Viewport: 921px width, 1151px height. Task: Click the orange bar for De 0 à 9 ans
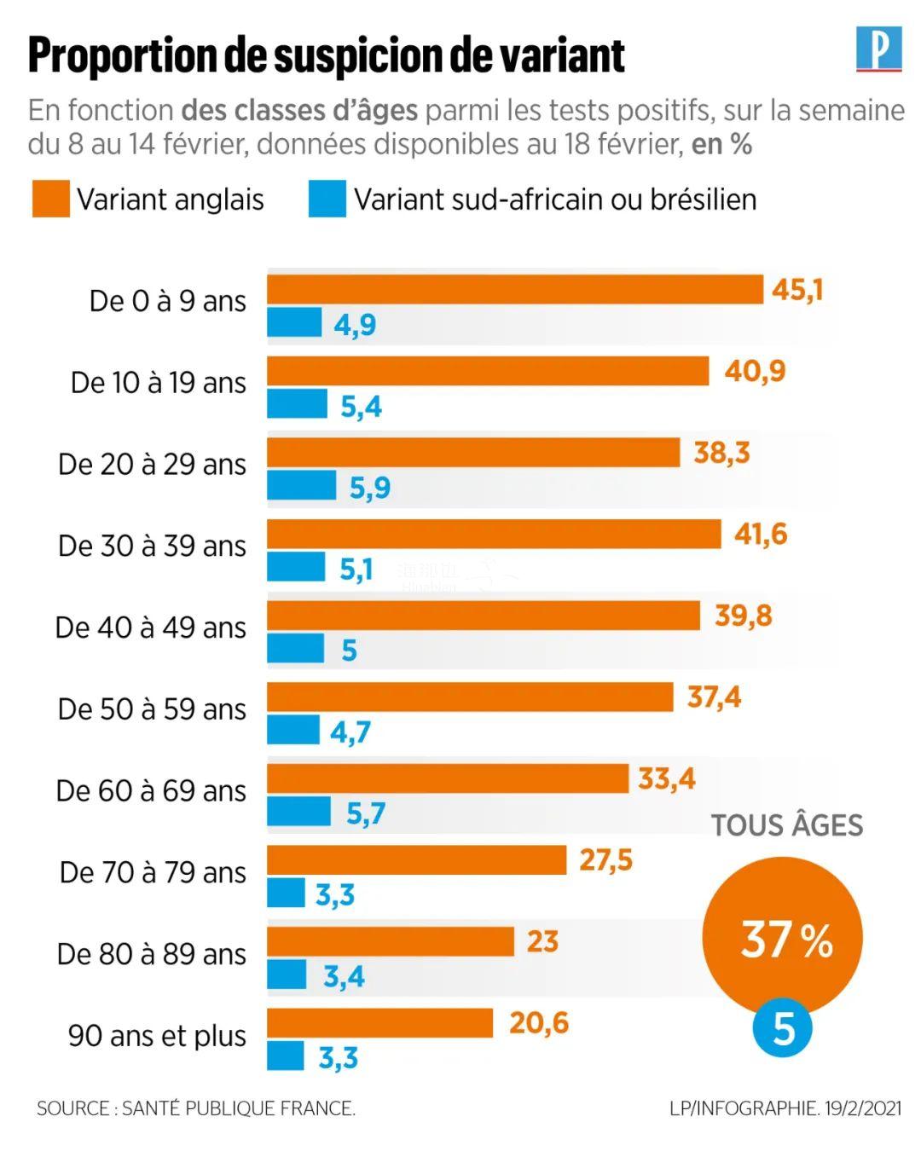coord(515,290)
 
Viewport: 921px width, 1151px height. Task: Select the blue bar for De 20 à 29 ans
coord(302,486)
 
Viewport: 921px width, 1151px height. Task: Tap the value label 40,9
coord(755,371)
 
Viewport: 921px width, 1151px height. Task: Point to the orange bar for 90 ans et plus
coord(380,1022)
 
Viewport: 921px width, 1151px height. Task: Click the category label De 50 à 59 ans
coord(152,709)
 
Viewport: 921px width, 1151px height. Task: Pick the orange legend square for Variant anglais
coord(50,199)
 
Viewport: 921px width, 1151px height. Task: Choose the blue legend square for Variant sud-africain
coord(327,199)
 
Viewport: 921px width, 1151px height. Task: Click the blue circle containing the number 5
coord(782,1028)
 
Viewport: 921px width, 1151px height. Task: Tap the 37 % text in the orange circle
coord(785,940)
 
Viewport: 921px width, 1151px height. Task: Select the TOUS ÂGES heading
coord(787,825)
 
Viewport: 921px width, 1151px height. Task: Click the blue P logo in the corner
coord(878,49)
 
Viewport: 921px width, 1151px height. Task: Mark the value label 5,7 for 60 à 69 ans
coord(366,813)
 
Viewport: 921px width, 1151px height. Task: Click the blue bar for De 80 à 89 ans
coord(287,974)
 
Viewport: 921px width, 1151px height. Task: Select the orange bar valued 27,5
coord(417,859)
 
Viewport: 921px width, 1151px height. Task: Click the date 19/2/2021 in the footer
coord(863,1108)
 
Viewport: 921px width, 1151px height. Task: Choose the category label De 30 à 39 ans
coord(152,546)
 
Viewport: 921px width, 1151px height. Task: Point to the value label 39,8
coord(743,615)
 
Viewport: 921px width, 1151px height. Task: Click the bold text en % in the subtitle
coord(721,145)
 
